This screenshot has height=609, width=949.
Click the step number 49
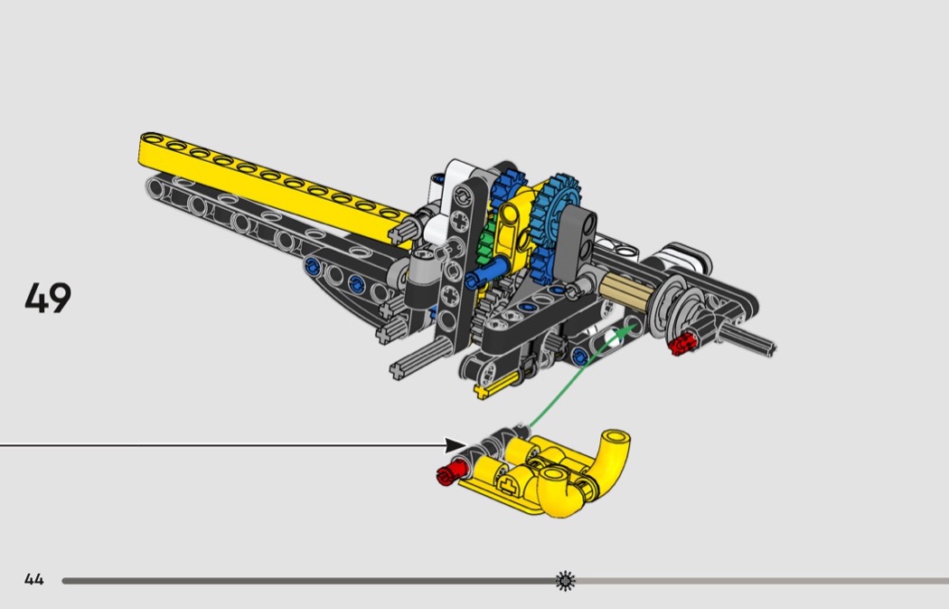pos(48,298)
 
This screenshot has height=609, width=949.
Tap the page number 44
pos(34,579)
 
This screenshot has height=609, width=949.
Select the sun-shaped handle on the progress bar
pos(565,581)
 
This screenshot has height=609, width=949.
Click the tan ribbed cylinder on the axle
pos(625,288)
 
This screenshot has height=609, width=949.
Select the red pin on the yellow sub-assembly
pos(452,472)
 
